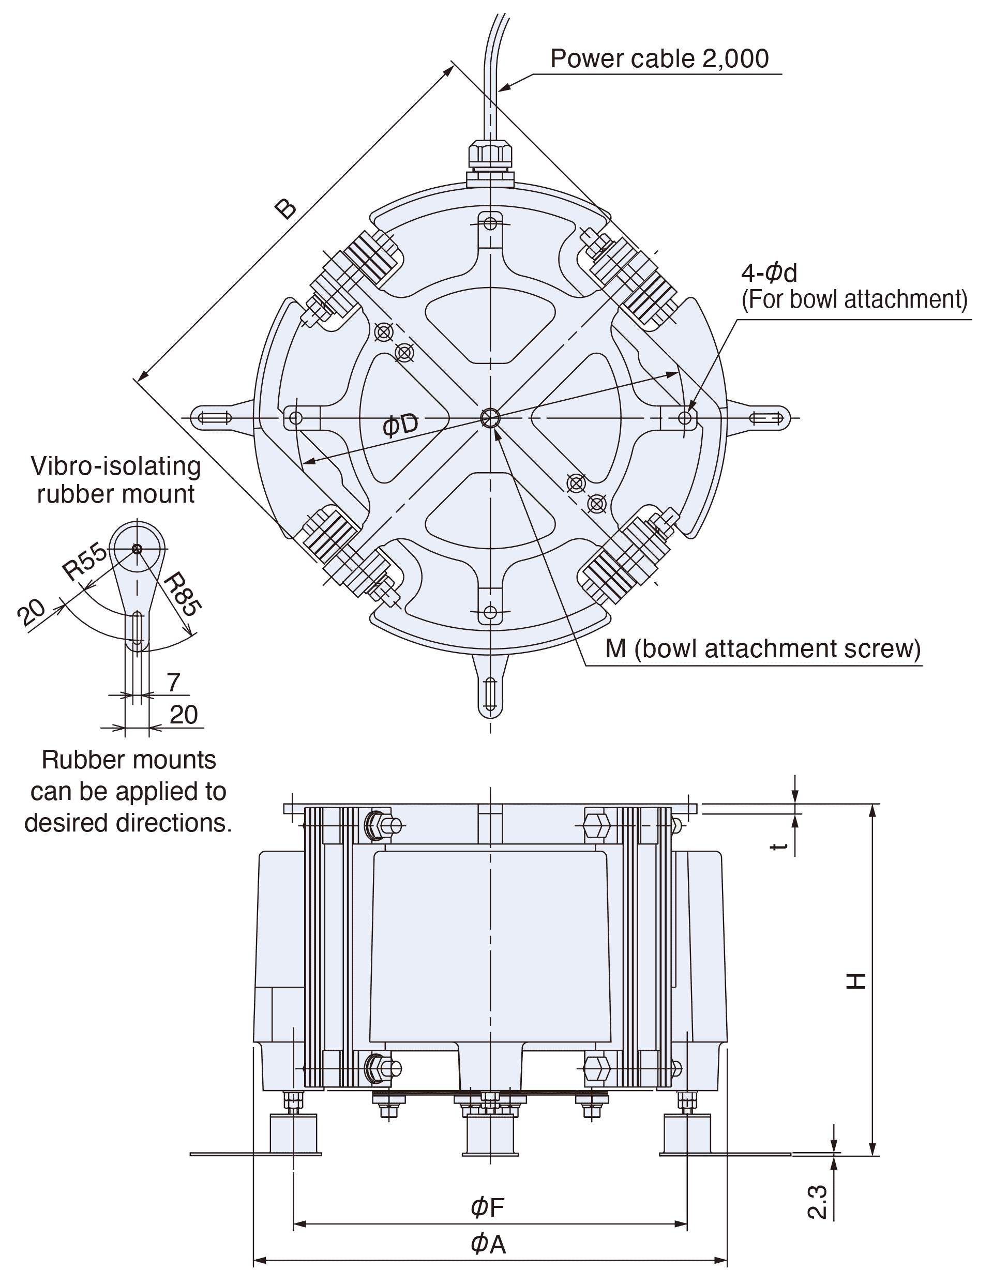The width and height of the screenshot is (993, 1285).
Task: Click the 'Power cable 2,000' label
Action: (x=659, y=59)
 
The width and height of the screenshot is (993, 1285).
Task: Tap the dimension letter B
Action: (x=286, y=209)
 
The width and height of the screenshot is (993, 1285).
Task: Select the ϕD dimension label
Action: (x=400, y=425)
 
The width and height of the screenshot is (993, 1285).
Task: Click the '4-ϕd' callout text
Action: (x=769, y=273)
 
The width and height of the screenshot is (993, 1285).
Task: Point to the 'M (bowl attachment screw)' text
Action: (x=763, y=648)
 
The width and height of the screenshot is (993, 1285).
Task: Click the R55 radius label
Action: (x=85, y=562)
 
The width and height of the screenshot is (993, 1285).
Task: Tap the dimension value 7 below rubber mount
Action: (x=173, y=683)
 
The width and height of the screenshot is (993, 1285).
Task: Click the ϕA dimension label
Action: (x=488, y=1244)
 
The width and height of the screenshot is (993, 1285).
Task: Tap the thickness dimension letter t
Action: (x=780, y=845)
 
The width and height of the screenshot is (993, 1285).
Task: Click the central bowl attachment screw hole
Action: (x=490, y=418)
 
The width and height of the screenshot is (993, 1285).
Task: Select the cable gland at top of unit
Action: (x=490, y=158)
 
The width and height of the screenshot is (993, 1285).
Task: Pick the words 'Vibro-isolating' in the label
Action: (x=116, y=466)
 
